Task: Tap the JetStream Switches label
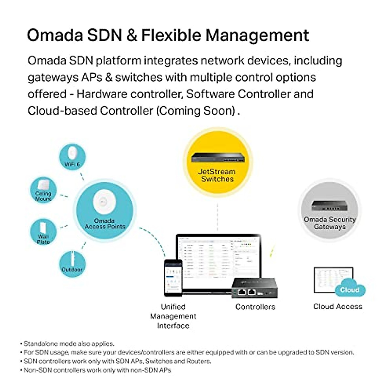pos(217,175)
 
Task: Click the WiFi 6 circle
pos(72,157)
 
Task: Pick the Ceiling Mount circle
pos(43,191)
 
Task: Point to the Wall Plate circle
pos(43,232)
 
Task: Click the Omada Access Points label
pos(105,223)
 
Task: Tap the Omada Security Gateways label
pos(330,223)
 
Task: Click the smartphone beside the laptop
pos(173,277)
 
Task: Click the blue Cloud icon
pos(350,289)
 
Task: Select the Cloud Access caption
pos(337,306)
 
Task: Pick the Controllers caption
pos(255,307)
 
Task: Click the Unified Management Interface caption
pos(173,316)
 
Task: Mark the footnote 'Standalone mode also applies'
pos(69,344)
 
